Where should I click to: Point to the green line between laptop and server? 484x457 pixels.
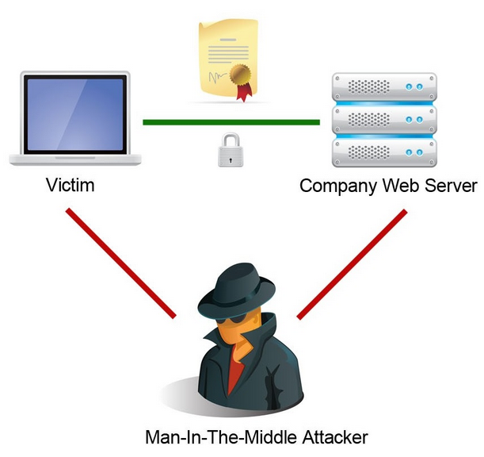pos(230,122)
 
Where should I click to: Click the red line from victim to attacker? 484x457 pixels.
pos(120,263)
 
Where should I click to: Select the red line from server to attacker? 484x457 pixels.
pos(353,263)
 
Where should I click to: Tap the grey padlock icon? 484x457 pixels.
pos(229,150)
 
